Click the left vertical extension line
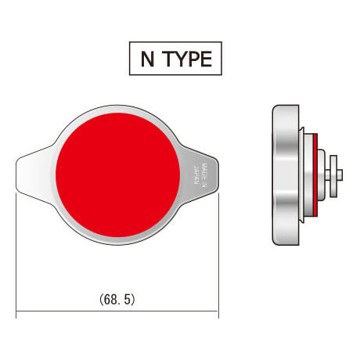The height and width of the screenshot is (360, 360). (17, 250)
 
